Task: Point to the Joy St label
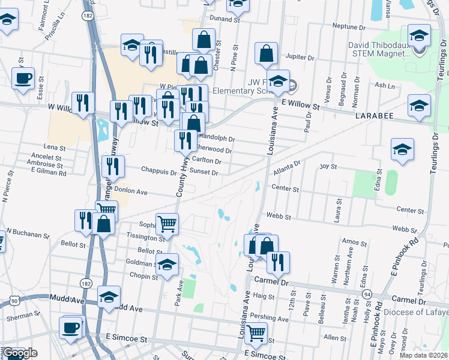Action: point(328,166)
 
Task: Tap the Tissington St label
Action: point(144,238)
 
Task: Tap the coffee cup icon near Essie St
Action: point(23,79)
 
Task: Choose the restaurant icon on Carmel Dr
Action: point(278,262)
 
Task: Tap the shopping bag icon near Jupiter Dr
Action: point(266,54)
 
